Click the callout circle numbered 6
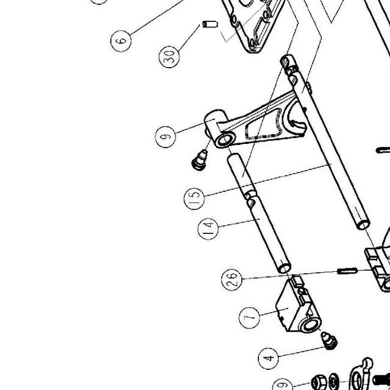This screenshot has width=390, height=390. tap(121, 41)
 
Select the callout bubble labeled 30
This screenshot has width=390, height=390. tap(169, 57)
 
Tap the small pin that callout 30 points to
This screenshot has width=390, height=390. tap(210, 24)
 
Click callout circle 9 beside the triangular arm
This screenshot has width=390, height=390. tap(165, 136)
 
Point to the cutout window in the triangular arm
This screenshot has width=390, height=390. tap(264, 124)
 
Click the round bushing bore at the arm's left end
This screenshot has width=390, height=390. tap(225, 141)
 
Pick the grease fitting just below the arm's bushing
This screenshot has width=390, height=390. tap(200, 160)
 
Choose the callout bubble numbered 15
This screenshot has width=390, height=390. tap(194, 199)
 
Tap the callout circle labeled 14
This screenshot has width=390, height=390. tap(208, 229)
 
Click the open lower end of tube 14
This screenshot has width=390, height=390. tap(284, 268)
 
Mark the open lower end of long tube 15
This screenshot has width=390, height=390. tap(363, 225)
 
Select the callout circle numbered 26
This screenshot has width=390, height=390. tap(232, 280)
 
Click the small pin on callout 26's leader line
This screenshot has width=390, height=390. tap(347, 271)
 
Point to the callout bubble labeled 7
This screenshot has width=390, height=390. tap(249, 318)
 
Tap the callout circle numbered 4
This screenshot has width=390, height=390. tap(268, 358)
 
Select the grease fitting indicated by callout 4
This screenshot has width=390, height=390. tap(329, 341)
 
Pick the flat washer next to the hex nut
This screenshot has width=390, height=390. tap(333, 381)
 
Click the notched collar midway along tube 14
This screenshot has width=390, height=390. tap(250, 198)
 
